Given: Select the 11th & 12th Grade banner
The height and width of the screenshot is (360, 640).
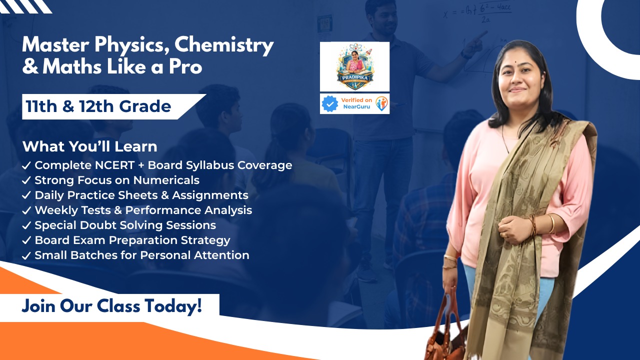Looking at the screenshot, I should pyautogui.click(x=100, y=106).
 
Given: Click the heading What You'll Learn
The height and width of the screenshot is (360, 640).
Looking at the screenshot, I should pyautogui.click(x=90, y=146).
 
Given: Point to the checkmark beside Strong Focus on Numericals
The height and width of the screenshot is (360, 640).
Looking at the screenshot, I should pyautogui.click(x=27, y=180).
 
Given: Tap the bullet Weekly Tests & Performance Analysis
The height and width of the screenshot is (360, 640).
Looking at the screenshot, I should pyautogui.click(x=143, y=210).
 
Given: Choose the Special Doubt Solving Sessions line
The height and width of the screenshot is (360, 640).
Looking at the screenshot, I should pyautogui.click(x=125, y=225).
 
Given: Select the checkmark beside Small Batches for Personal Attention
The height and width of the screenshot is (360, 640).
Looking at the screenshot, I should pyautogui.click(x=27, y=255).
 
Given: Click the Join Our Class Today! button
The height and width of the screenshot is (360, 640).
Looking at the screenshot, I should pyautogui.click(x=112, y=305).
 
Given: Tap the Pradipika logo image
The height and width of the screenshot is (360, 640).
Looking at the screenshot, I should pyautogui.click(x=354, y=66).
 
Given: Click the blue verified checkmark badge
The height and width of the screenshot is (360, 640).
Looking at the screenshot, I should pyautogui.click(x=330, y=104).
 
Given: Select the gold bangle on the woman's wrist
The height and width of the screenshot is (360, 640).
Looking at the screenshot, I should pyautogui.click(x=551, y=223).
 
